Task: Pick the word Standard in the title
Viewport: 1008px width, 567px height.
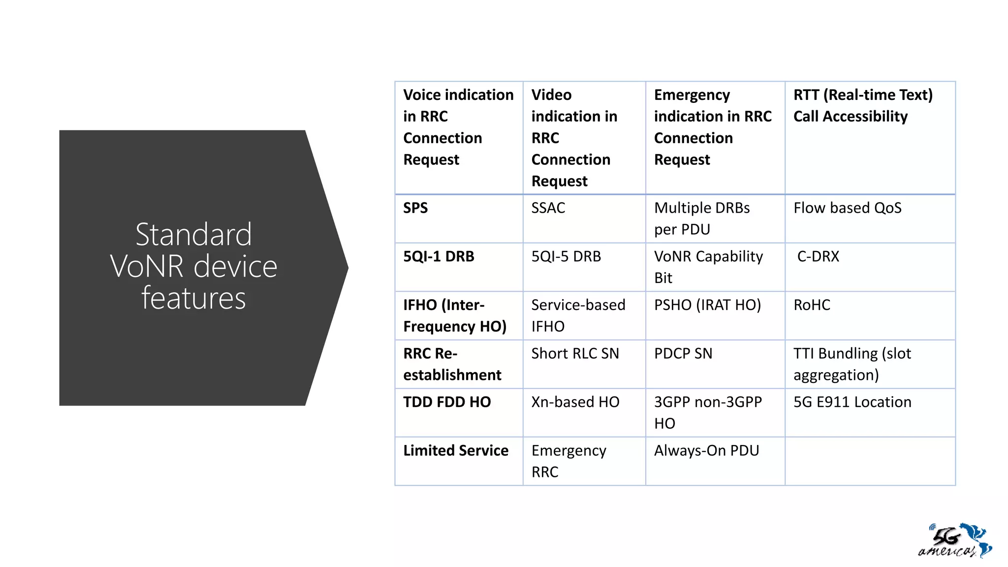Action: click(193, 234)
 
